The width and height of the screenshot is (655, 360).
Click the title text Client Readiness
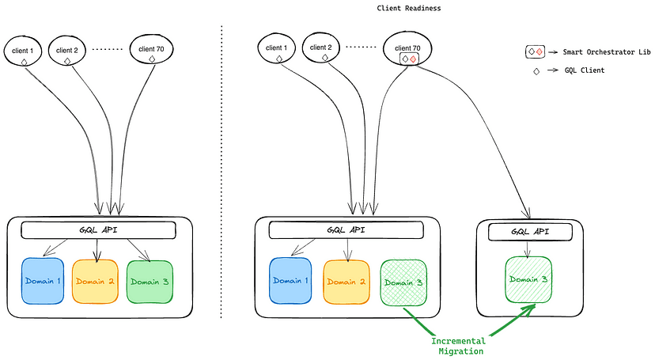pyautogui.click(x=408, y=7)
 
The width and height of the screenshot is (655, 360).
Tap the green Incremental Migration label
pyautogui.click(x=459, y=345)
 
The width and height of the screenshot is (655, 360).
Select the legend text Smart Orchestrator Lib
pyautogui.click(x=606, y=51)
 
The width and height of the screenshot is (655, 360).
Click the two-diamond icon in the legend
pyautogui.click(x=536, y=51)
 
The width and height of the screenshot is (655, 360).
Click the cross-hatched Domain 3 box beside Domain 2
pyautogui.click(x=403, y=281)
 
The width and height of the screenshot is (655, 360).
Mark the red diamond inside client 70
pyautogui.click(x=414, y=59)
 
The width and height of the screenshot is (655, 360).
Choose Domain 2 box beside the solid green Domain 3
pyautogui.click(x=95, y=281)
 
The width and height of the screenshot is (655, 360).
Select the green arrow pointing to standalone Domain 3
pyautogui.click(x=515, y=321)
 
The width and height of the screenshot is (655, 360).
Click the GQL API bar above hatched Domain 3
pyautogui.click(x=346, y=229)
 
